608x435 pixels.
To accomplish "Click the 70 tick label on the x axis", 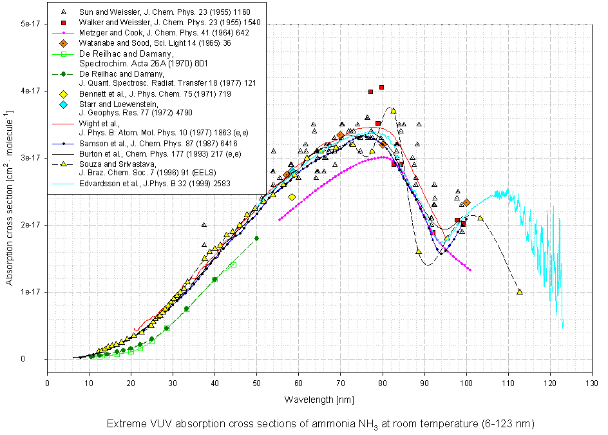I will pos(341,383).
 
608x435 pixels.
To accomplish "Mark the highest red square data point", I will pos(382,87).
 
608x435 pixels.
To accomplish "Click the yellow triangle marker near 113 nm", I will pos(520,292).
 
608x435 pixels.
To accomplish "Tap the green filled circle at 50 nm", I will pos(257,238).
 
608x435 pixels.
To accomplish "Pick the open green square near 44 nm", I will pos(233,265).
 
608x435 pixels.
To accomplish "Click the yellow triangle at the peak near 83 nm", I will pos(393,111).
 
